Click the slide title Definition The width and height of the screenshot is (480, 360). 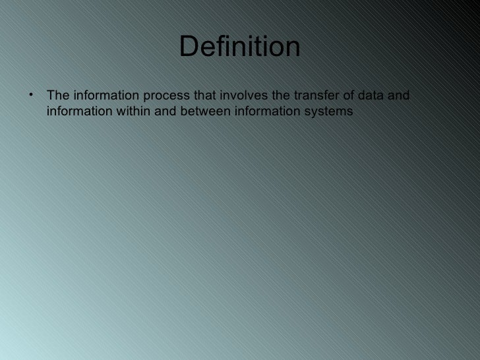239,47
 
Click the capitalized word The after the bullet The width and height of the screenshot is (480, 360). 57,98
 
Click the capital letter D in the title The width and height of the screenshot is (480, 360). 187,47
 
